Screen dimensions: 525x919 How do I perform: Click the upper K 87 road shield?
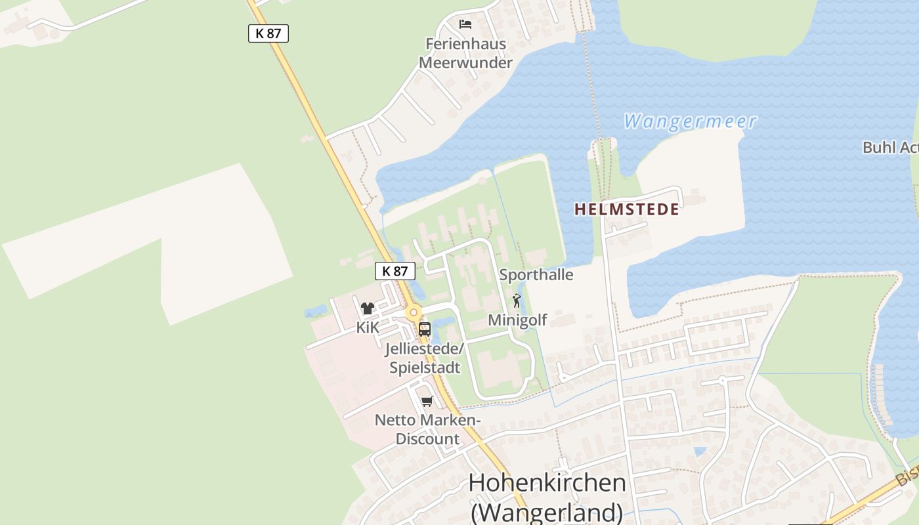[x=268, y=33]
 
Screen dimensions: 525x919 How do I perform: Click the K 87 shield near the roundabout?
[x=395, y=270]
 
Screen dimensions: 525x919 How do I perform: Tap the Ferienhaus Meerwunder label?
[x=465, y=53]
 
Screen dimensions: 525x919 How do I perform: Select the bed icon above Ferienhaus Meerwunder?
[x=465, y=24]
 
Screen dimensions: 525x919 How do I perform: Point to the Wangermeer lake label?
[x=690, y=121]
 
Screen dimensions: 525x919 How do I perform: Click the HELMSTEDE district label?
[x=627, y=209]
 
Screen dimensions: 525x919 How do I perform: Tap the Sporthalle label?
[x=536, y=274]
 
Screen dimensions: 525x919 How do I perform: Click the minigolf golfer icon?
[x=517, y=301]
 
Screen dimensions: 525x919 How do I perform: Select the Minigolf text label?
[x=517, y=320]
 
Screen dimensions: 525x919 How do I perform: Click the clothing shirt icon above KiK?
[x=367, y=308]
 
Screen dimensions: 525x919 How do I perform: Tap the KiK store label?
[x=368, y=327]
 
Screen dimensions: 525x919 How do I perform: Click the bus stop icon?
[x=425, y=329]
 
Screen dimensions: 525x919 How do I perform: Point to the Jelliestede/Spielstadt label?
[x=425, y=357]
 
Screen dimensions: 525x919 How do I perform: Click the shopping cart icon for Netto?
[x=427, y=401]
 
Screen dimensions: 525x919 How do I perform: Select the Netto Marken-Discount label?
[x=428, y=429]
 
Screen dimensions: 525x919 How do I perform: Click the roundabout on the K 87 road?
[x=413, y=312]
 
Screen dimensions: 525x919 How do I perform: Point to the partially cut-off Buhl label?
[x=890, y=147]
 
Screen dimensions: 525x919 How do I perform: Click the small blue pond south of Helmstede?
[x=700, y=451]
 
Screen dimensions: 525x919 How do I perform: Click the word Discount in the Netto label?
[x=427, y=439]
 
